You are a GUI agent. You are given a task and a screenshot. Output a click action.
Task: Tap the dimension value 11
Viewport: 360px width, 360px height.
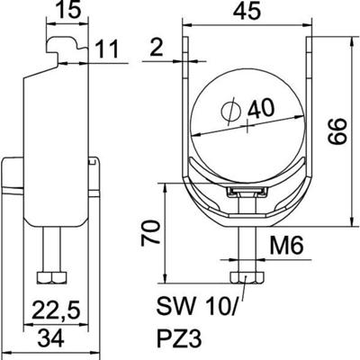point(109,60)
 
